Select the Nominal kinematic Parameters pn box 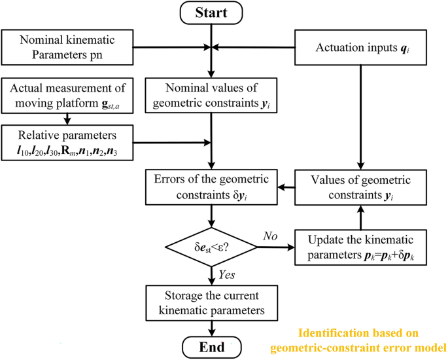click(68, 48)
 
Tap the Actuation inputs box click(358, 48)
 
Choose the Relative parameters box click(68, 140)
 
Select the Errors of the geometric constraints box click(211, 187)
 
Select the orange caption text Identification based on click(381, 333)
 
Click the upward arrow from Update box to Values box click(358, 216)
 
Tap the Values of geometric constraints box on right click(358, 187)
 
